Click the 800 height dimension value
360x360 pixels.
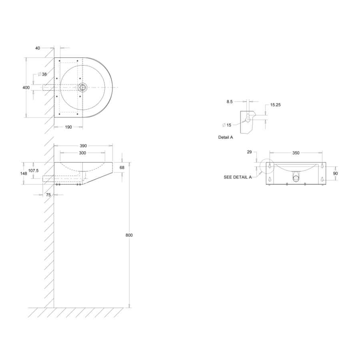[x=129, y=235]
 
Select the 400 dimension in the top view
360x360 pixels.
[x=26, y=88]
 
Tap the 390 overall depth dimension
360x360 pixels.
[x=83, y=146]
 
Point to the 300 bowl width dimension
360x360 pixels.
[x=82, y=153]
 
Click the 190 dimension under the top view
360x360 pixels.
[x=68, y=127]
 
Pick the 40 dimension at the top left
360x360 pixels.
[x=38, y=48]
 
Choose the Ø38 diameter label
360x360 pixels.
[x=42, y=74]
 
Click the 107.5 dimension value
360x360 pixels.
[x=34, y=170]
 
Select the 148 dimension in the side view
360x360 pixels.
[x=24, y=173]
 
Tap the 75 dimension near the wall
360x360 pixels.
[x=48, y=195]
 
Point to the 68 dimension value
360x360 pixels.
[x=122, y=168]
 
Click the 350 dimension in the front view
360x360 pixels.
[x=296, y=153]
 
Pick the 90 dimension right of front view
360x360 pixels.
[x=335, y=173]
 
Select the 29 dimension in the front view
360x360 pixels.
[x=249, y=152]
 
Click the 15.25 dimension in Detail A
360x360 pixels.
[x=275, y=105]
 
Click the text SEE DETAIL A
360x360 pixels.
[x=238, y=177]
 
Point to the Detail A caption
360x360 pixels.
[x=226, y=137]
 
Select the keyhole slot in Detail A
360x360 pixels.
[x=248, y=118]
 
